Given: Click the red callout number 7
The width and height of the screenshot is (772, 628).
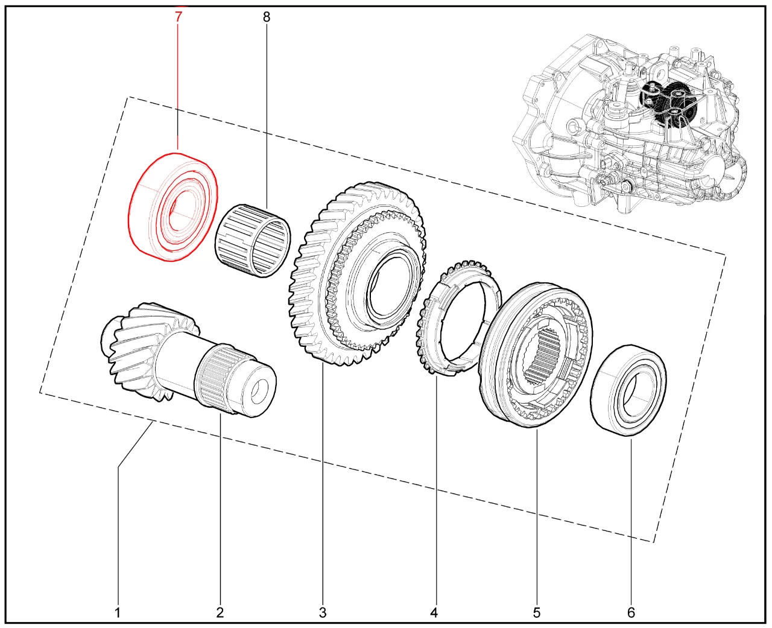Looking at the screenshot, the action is (x=178, y=17).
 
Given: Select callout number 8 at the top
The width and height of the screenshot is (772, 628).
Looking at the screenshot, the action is (x=267, y=17).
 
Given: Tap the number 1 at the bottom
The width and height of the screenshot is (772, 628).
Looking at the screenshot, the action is (x=118, y=612).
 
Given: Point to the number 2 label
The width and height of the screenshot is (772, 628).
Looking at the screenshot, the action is (x=220, y=612).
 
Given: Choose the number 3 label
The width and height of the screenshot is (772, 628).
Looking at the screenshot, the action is (x=323, y=612).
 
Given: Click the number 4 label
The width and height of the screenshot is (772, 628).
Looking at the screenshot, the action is (x=434, y=612).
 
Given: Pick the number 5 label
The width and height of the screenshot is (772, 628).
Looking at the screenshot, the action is (x=537, y=612).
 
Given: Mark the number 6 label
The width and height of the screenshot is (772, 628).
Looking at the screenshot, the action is (x=631, y=612).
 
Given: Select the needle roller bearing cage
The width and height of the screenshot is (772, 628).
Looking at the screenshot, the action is (x=253, y=241).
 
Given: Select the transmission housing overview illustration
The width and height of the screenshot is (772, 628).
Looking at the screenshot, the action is (x=630, y=123).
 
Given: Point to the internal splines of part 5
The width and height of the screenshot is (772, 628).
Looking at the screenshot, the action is (x=543, y=355).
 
